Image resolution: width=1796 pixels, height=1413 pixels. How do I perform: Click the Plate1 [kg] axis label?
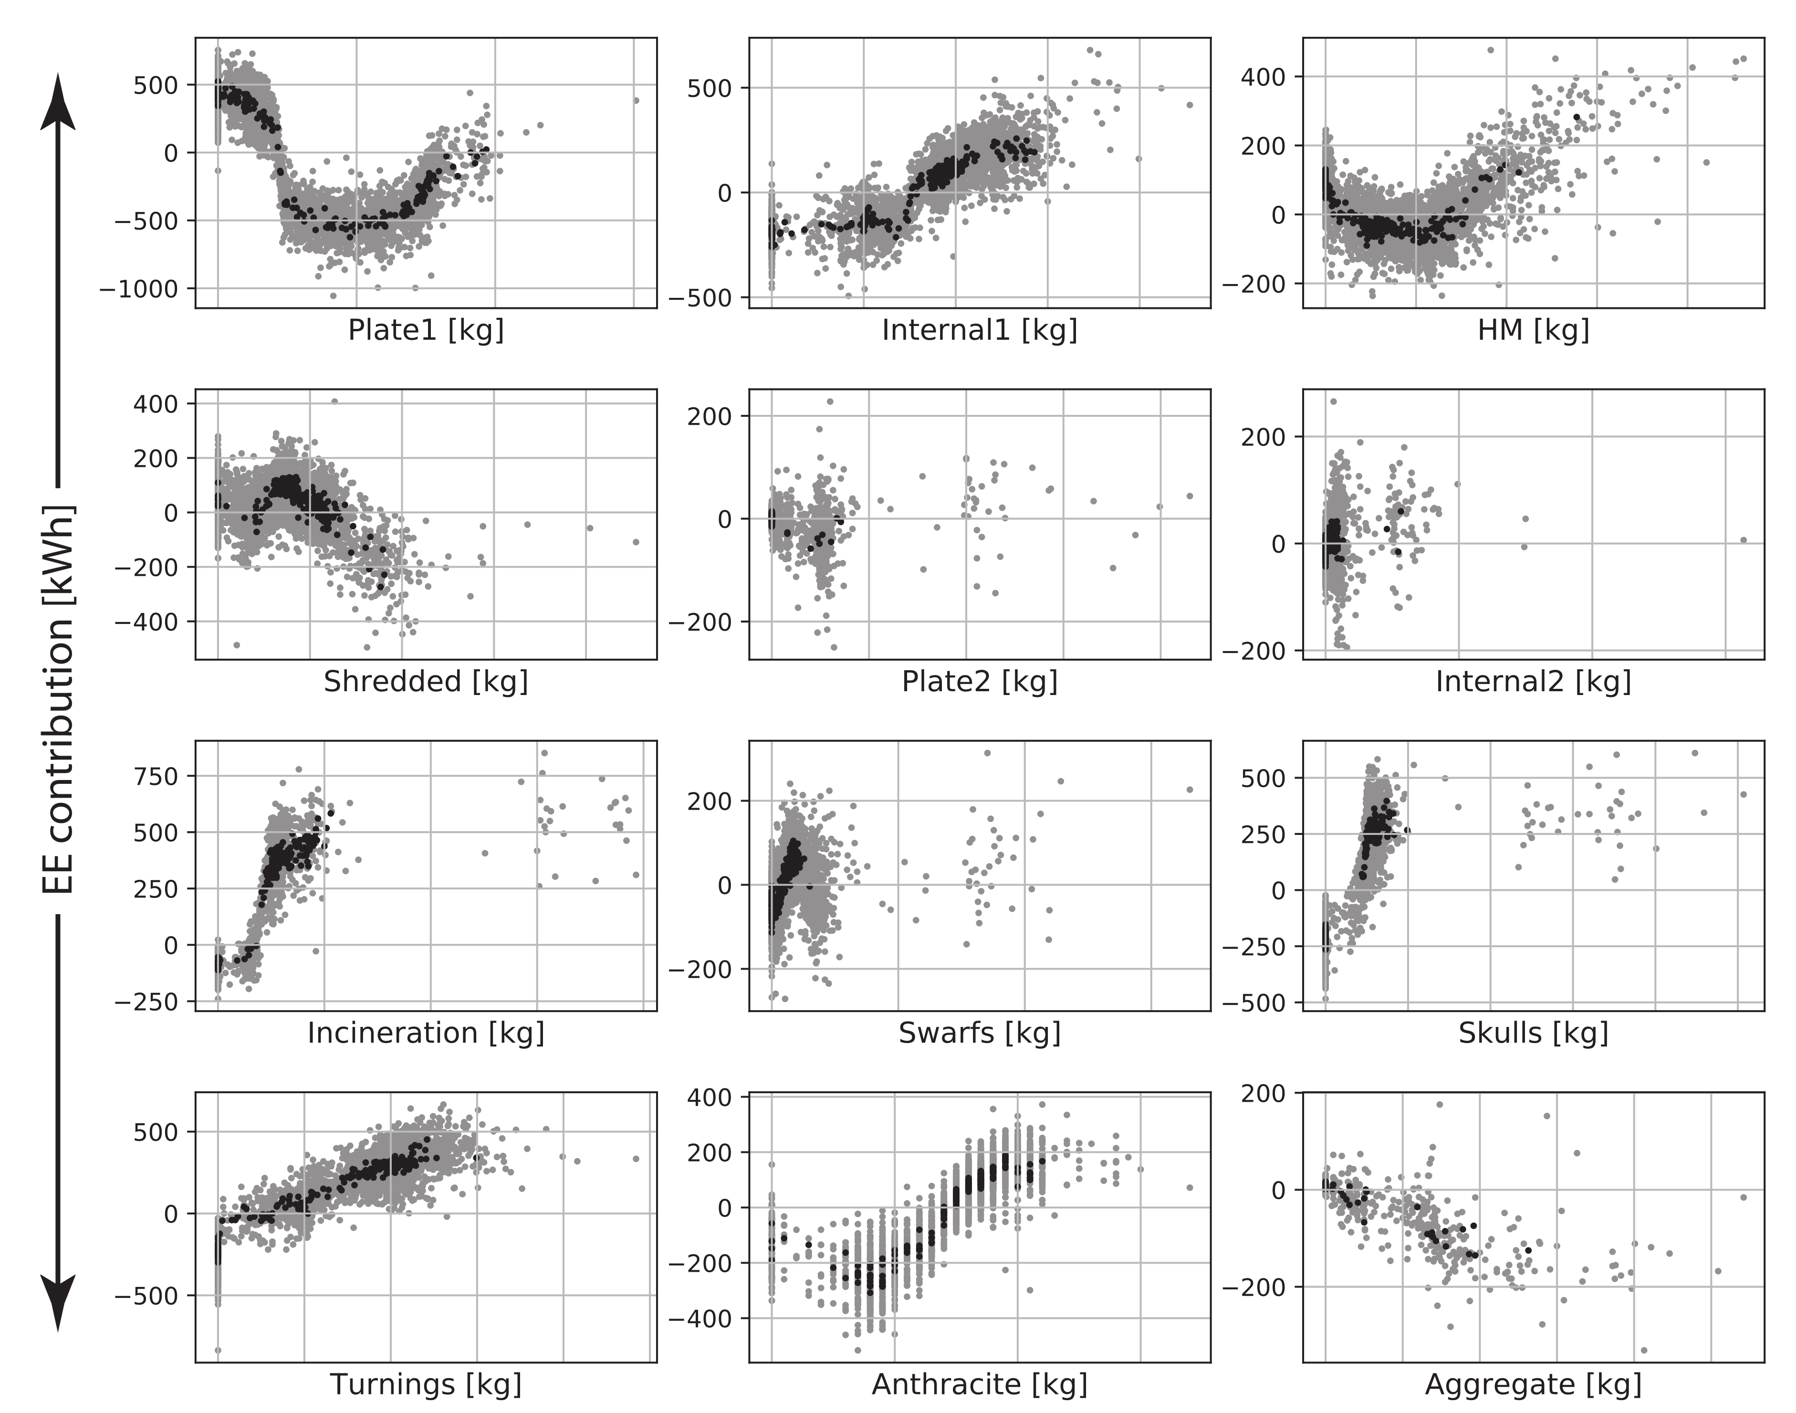(425, 330)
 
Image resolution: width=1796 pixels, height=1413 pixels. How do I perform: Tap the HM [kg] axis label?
(1533, 330)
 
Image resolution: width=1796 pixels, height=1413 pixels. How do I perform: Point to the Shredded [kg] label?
(425, 682)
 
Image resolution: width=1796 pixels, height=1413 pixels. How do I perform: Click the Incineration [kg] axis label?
(425, 1033)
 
